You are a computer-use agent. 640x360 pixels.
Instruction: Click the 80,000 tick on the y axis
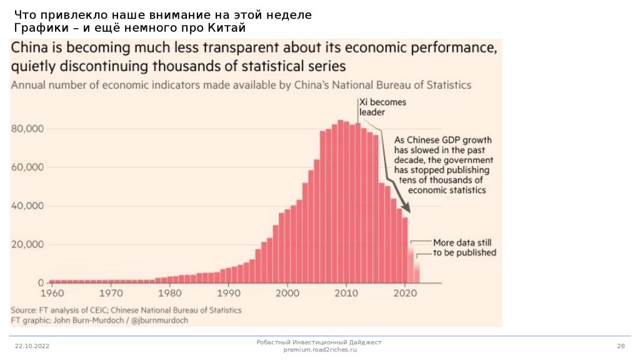pyautogui.click(x=27, y=129)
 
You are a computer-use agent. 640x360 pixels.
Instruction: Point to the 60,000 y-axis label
pyautogui.click(x=27, y=167)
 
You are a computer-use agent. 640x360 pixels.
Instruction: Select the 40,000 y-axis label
pyautogui.click(x=27, y=206)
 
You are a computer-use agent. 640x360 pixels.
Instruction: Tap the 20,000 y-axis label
pyautogui.click(x=27, y=244)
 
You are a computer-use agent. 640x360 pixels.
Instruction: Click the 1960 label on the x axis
pyautogui.click(x=52, y=292)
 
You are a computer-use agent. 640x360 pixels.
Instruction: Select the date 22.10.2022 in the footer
pyautogui.click(x=32, y=346)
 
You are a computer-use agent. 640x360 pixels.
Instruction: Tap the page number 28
pyautogui.click(x=621, y=346)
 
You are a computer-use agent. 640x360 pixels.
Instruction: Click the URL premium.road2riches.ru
pyautogui.click(x=319, y=350)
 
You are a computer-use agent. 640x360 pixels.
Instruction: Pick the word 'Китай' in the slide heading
pyautogui.click(x=225, y=28)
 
